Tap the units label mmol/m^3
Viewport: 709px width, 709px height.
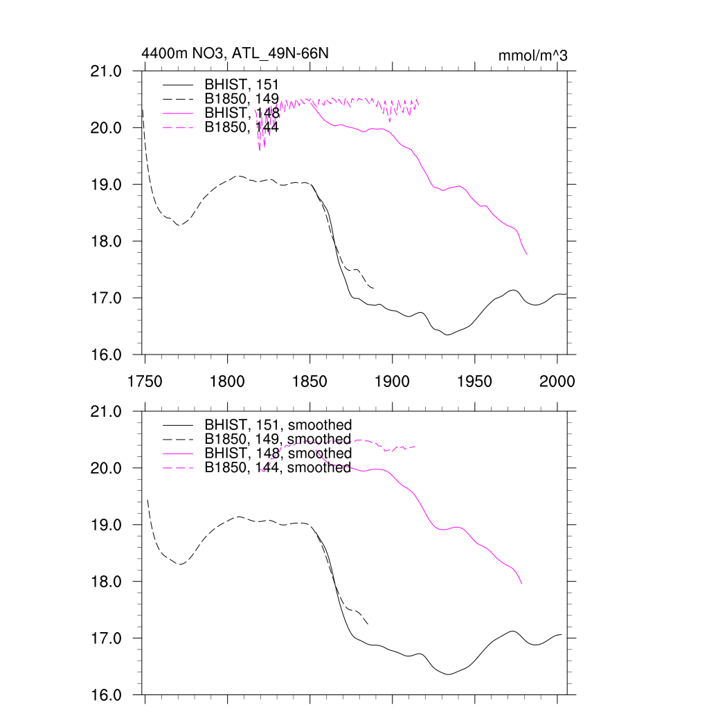532,55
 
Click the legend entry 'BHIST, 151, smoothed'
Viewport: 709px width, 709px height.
278,424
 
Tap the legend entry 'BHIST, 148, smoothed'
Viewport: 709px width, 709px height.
278,454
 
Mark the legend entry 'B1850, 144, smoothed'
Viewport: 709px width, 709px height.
278,467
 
